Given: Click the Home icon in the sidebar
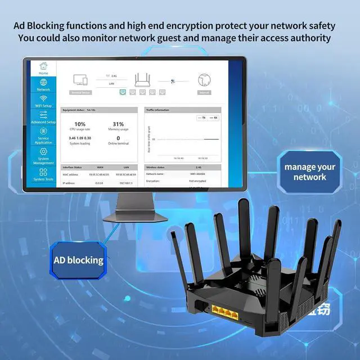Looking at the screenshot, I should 43,66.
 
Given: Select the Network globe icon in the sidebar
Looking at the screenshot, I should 43,82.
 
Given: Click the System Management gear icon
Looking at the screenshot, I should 43,152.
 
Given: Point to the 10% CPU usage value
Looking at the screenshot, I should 80,124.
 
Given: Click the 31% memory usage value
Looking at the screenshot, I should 118,124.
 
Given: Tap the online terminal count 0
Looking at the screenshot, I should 118,138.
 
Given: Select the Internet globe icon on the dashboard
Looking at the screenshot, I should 204,80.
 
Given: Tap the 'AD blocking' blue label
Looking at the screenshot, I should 78,260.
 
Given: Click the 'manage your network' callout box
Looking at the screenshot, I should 309,172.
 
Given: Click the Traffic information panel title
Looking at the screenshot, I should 157,110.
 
